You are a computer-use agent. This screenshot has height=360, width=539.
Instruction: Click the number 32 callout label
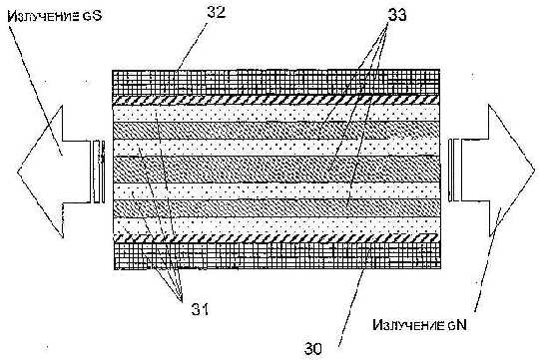tap(217, 12)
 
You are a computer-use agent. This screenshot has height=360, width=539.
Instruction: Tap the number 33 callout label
tap(397, 15)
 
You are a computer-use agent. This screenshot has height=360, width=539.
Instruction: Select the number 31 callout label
tap(200, 310)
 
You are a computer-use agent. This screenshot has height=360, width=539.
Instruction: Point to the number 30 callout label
tap(313, 349)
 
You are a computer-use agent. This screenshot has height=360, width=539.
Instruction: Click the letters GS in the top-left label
tap(92, 16)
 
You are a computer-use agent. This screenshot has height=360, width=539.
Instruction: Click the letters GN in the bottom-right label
tap(457, 325)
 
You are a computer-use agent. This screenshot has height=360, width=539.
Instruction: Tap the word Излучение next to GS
tap(43, 16)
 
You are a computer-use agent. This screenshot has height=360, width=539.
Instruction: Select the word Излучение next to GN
tap(409, 325)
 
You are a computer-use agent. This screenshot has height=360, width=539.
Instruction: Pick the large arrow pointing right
tap(491, 171)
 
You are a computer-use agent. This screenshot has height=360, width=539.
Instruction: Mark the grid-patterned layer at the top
tap(276, 83)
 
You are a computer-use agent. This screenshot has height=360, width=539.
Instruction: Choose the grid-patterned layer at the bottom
tap(277, 256)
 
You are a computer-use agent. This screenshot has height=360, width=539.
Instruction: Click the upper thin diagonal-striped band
tap(276, 100)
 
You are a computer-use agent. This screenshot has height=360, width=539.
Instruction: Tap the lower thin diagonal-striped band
tap(276, 238)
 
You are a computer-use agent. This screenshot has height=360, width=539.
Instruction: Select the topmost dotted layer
tap(276, 113)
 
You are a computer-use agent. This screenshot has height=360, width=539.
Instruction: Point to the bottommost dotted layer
tap(276, 225)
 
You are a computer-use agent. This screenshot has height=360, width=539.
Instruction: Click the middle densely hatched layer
tap(276, 170)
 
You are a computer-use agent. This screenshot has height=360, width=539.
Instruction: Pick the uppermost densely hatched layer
tap(276, 131)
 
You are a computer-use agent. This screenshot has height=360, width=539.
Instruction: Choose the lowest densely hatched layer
tap(276, 207)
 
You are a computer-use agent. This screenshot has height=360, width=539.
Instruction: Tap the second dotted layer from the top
tap(276, 148)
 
